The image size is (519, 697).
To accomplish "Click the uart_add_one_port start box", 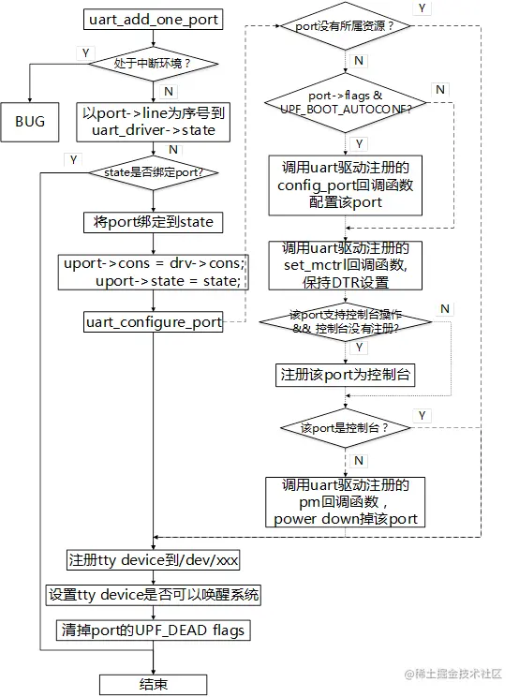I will (x=154, y=20).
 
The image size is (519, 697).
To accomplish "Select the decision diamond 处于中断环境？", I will (x=154, y=64).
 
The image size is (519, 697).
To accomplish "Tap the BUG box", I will (x=30, y=121).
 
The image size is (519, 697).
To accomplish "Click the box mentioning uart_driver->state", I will (x=154, y=121).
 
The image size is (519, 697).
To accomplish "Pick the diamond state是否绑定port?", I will (x=154, y=172).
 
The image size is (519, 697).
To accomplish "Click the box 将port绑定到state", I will (x=154, y=222).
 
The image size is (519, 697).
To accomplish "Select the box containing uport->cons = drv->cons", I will (x=154, y=272).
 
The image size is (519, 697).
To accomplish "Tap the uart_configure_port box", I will (x=154, y=322).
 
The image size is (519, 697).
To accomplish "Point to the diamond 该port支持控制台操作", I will (x=346, y=322).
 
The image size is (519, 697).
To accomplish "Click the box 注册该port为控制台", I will (x=346, y=374).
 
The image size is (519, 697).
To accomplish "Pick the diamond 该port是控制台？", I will (x=346, y=427).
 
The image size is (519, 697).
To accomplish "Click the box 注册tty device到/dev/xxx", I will (x=154, y=560).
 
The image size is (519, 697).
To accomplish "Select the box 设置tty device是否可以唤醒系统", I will (x=154, y=595).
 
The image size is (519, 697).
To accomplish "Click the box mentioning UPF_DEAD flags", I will (x=154, y=630).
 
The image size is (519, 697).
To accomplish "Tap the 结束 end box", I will (x=154, y=684).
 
